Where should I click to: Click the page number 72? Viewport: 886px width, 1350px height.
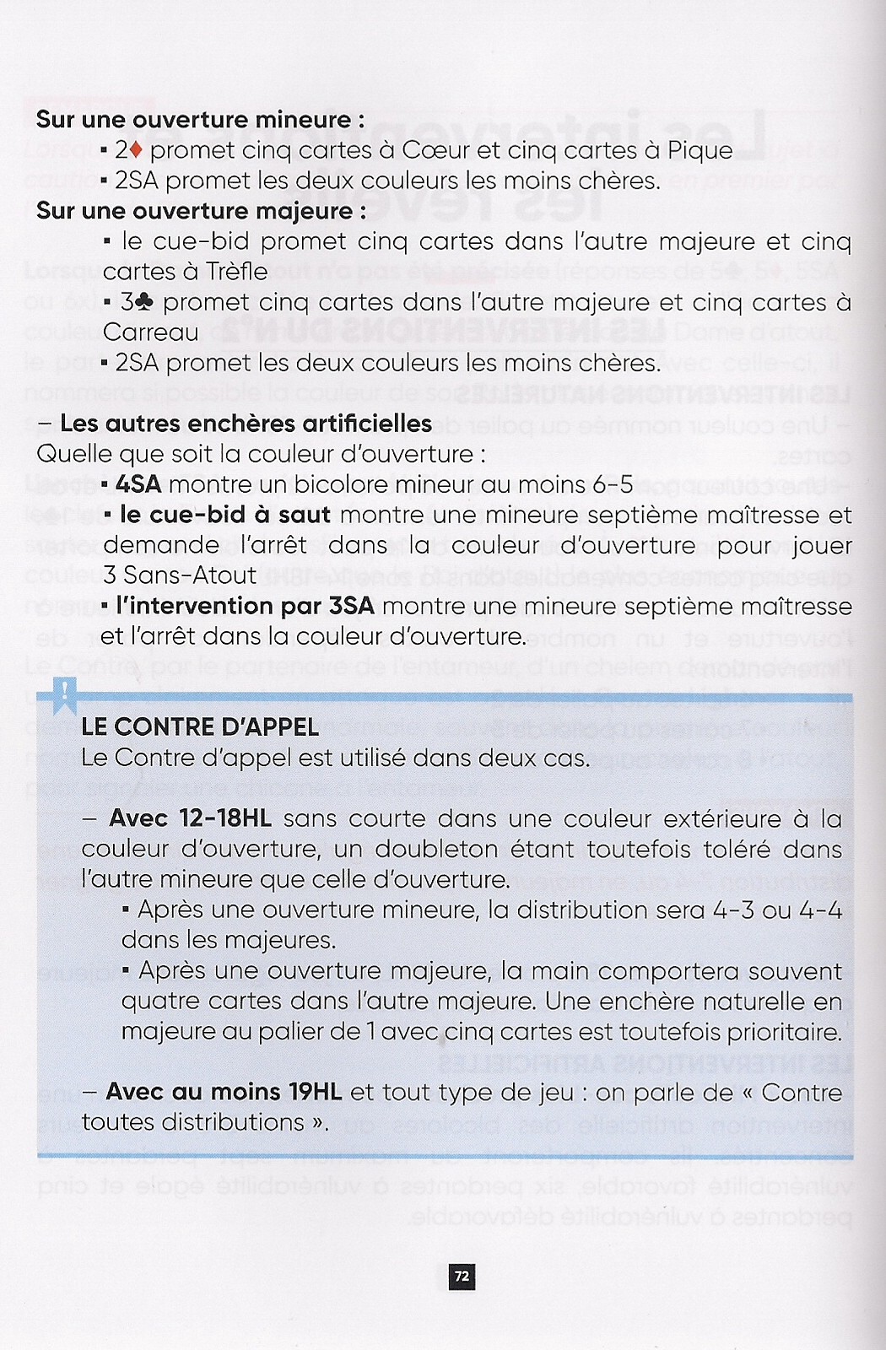[x=462, y=1276]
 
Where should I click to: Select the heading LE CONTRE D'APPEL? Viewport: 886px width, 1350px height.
[x=200, y=727]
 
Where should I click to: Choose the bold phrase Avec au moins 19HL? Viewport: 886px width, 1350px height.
[x=224, y=1092]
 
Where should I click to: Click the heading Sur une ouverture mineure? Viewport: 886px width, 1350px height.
[x=200, y=120]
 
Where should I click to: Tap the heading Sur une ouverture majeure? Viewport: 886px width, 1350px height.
[x=201, y=211]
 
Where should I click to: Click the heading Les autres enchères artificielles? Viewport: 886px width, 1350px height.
[x=246, y=424]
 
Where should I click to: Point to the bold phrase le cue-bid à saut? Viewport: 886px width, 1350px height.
[x=224, y=515]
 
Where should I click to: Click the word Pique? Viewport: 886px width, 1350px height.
[x=697, y=151]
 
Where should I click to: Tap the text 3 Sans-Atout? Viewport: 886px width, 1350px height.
[x=180, y=575]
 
